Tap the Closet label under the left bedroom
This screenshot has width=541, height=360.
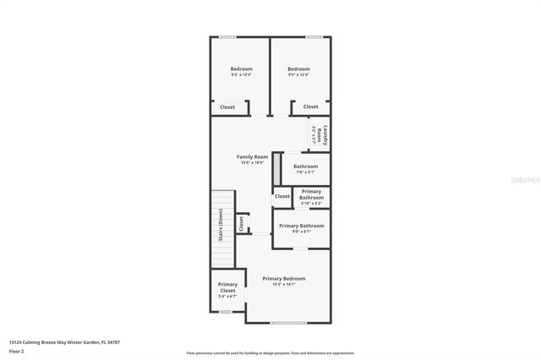pyautogui.click(x=227, y=107)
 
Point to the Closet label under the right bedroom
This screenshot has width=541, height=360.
pyautogui.click(x=311, y=106)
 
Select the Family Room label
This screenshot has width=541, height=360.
pyautogui.click(x=252, y=156)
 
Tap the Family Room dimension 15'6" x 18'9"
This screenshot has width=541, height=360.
pyautogui.click(x=252, y=162)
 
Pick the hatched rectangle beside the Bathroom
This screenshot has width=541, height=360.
pyautogui.click(x=276, y=167)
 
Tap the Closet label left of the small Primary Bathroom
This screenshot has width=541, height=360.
pyautogui.click(x=282, y=196)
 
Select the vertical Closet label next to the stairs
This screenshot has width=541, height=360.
pyautogui.click(x=241, y=224)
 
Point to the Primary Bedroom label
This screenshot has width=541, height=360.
pyautogui.click(x=283, y=278)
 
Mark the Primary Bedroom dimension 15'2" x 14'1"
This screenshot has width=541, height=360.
pyautogui.click(x=283, y=285)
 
